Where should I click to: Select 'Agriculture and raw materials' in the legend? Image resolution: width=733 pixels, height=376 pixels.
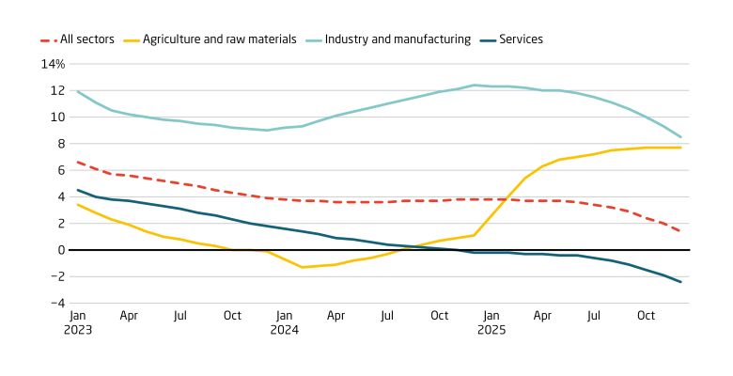click(219, 39)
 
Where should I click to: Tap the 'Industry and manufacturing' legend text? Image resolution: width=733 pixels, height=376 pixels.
click(399, 39)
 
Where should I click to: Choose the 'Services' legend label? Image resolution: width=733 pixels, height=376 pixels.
click(521, 39)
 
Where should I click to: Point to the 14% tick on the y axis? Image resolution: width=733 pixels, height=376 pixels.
click(53, 65)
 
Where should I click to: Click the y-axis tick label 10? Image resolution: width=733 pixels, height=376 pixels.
click(57, 117)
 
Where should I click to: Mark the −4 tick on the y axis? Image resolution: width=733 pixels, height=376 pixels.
click(56, 303)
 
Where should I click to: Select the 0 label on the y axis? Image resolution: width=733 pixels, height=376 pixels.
click(61, 250)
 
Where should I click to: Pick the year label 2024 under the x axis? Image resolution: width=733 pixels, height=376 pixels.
click(284, 330)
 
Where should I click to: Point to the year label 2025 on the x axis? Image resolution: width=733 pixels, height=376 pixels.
click(491, 330)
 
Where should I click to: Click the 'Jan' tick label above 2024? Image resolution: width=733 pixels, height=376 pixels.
click(284, 316)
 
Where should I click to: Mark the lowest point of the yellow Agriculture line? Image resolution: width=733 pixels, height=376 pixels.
click(302, 267)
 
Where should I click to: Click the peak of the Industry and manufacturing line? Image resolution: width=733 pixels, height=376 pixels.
click(474, 86)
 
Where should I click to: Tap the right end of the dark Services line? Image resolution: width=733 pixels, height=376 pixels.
click(680, 282)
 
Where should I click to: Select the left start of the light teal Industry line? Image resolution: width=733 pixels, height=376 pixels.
click(77, 91)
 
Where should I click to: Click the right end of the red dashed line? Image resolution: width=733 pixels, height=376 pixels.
click(680, 231)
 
